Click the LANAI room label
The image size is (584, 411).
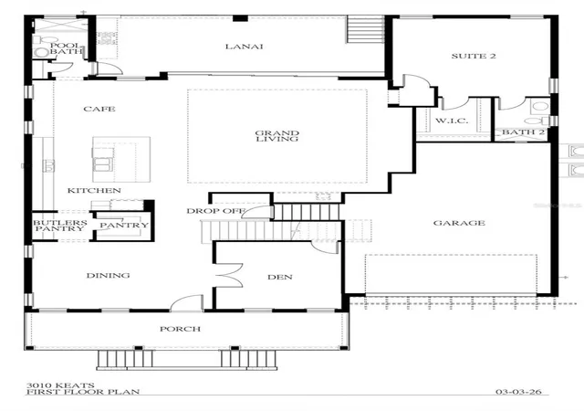[244, 47]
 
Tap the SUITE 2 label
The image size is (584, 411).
[474, 56]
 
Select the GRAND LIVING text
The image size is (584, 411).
[277, 136]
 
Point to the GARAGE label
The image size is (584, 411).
[459, 223]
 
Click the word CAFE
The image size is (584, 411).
[99, 109]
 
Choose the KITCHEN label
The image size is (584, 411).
[94, 191]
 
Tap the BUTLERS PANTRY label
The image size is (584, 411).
[60, 226]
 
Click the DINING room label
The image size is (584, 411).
[108, 276]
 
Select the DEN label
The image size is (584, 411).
[280, 277]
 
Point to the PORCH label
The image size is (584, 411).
[181, 329]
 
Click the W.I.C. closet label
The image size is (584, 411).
[452, 121]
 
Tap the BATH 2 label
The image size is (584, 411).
[523, 132]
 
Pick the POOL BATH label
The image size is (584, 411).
[66, 48]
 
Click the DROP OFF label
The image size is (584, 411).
[215, 211]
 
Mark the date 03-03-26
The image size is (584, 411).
[518, 392]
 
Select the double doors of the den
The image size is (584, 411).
[228, 276]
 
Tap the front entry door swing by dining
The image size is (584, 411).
[186, 302]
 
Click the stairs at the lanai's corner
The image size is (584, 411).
[365, 29]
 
